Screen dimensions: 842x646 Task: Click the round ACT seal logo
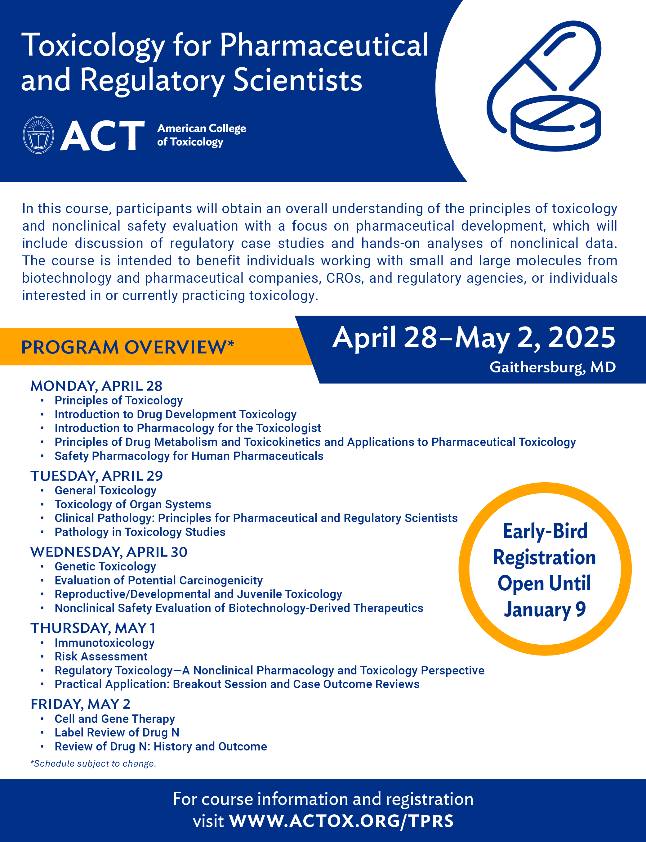tap(38, 135)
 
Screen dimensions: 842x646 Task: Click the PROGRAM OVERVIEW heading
tap(127, 347)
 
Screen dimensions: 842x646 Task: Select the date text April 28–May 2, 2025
tap(474, 337)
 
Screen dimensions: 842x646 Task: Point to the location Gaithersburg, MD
tap(552, 367)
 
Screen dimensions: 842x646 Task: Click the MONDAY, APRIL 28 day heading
tap(96, 385)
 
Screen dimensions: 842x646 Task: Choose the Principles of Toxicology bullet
tap(118, 400)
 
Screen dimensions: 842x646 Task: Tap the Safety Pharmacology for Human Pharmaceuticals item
tap(189, 456)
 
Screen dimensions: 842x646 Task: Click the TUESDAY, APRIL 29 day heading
tap(96, 476)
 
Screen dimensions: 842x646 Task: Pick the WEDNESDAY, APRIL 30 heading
tap(109, 552)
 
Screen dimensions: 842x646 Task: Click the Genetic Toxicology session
tap(105, 566)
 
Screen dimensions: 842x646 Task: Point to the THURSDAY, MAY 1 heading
tap(93, 628)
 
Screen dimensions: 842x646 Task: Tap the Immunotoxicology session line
tap(105, 643)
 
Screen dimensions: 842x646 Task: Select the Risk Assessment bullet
tap(101, 656)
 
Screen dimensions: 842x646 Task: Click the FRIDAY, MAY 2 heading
tap(80, 704)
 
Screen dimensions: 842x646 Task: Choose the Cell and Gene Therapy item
tap(114, 719)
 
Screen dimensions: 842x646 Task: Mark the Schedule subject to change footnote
tap(93, 763)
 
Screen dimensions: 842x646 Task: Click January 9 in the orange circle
tap(545, 610)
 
